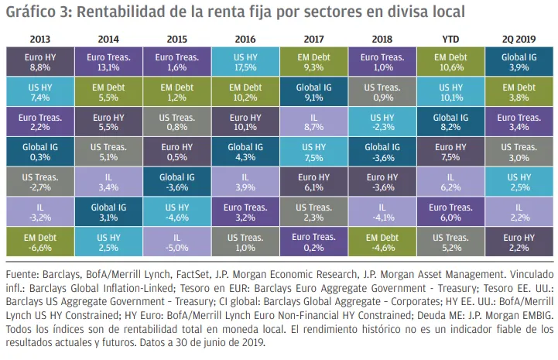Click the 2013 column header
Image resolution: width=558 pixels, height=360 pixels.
click(x=39, y=38)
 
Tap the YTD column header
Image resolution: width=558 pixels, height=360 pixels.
click(x=450, y=38)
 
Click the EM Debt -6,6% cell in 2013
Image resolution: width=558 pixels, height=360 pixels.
click(x=39, y=241)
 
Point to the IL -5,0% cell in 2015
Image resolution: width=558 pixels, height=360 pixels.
click(x=176, y=241)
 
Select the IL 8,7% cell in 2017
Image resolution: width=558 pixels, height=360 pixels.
click(x=313, y=122)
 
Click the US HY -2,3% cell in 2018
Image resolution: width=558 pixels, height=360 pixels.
click(x=382, y=122)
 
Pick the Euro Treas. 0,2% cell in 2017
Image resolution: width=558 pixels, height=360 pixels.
click(x=313, y=241)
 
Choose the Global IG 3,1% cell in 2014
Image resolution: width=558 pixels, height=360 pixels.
click(x=108, y=211)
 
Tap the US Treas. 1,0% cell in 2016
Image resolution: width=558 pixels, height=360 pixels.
click(x=245, y=241)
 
